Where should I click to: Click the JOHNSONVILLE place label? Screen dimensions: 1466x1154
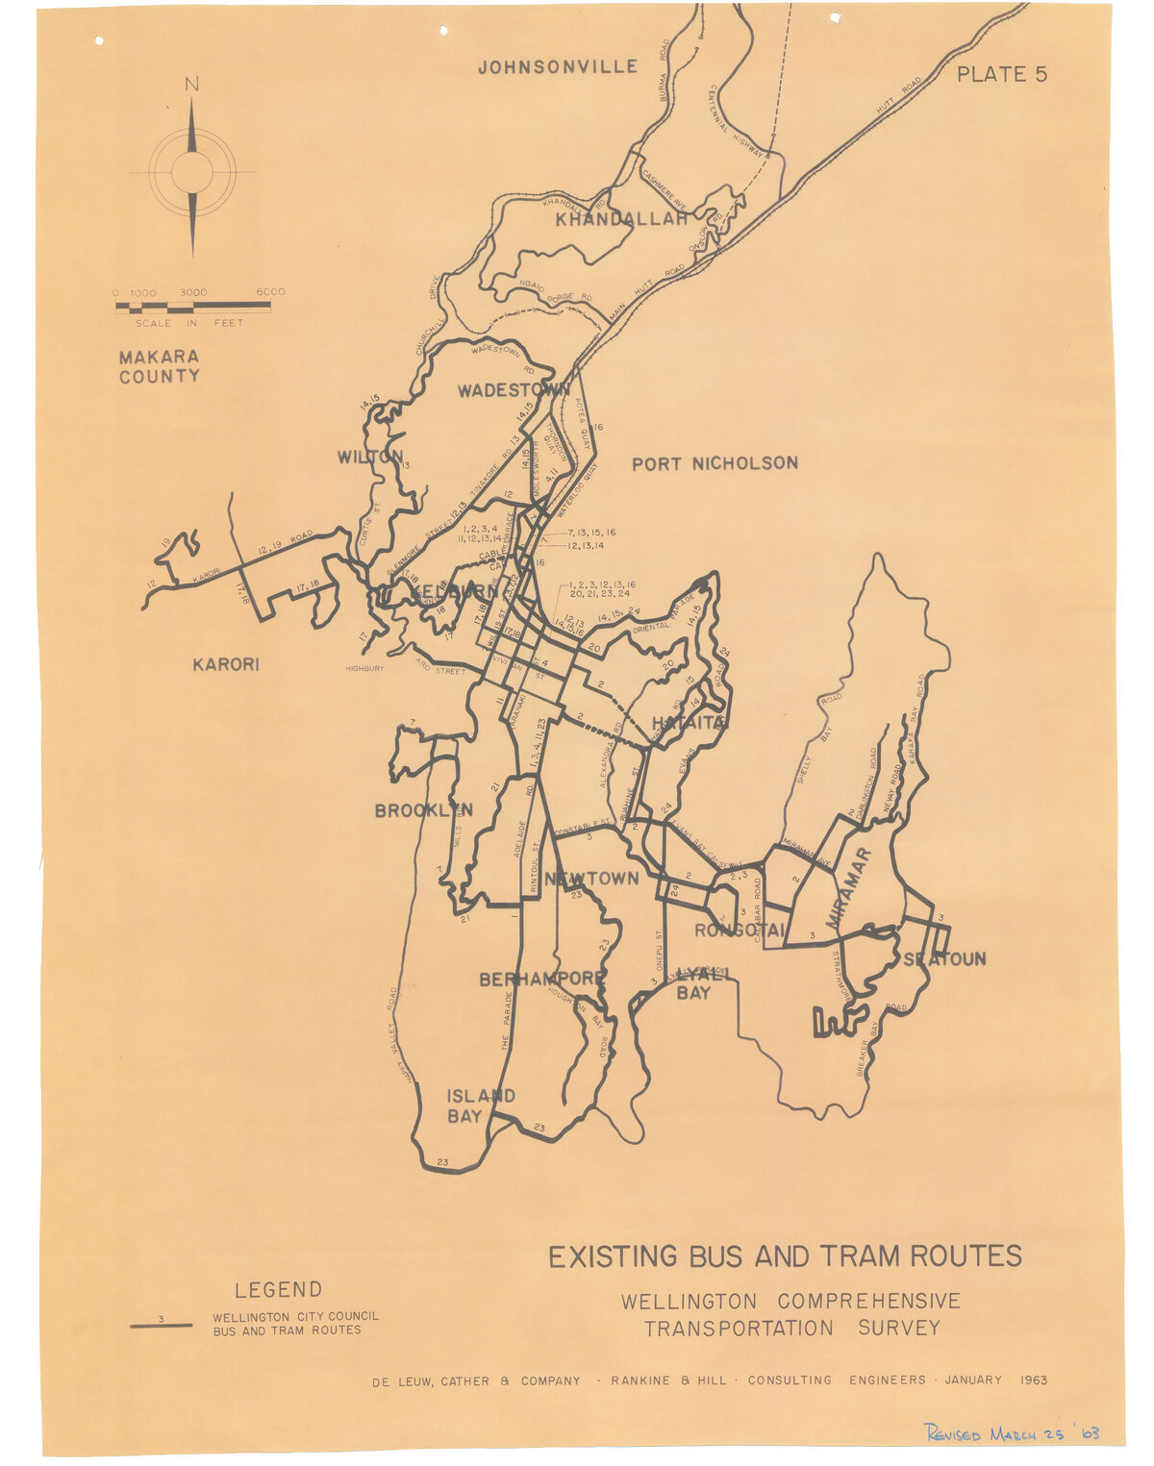click(558, 66)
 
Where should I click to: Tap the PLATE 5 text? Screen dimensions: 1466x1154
click(1001, 74)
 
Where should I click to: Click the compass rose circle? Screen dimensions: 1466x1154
click(192, 172)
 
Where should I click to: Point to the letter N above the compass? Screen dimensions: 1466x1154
click(192, 85)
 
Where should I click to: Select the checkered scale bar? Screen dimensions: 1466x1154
click(193, 308)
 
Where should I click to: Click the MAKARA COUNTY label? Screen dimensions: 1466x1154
click(160, 366)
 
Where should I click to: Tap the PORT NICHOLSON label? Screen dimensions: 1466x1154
click(715, 463)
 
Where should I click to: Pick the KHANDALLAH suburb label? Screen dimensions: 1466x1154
click(622, 219)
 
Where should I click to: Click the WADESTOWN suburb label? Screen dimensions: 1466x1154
click(513, 390)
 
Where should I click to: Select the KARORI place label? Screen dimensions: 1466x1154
click(226, 664)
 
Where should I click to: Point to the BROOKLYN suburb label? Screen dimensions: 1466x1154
click(423, 810)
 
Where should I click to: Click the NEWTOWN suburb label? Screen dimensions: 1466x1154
click(591, 878)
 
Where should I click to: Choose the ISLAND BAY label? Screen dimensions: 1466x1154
click(480, 1106)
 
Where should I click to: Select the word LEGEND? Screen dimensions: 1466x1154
click(278, 1289)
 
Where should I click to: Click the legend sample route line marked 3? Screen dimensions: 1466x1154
click(161, 1325)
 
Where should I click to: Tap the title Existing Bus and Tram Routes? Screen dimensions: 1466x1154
click(785, 1256)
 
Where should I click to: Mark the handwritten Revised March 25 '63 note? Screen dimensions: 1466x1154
click(1011, 1433)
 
